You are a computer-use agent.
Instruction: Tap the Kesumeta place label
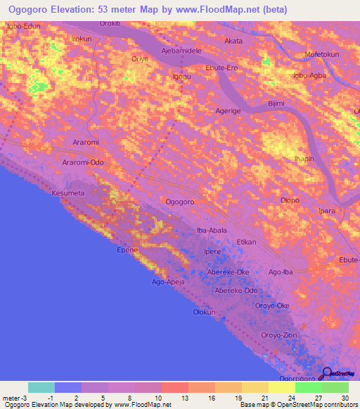coord(68,192)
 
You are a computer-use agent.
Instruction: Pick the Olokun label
coord(203,311)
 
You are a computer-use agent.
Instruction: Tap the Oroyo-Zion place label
coord(279,335)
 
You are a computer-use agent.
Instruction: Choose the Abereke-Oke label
coord(228,272)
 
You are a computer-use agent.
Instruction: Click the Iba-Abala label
coord(212,229)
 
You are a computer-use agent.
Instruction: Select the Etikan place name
coord(246,241)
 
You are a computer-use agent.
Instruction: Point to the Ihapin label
coord(304,159)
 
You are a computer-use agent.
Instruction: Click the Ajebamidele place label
coord(181,52)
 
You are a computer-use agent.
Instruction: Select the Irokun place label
coord(82,39)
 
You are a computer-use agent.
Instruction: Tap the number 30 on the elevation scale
coord(344,396)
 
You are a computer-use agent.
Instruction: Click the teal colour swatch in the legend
coord(41,387)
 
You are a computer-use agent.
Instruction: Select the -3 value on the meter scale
coord(24,396)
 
